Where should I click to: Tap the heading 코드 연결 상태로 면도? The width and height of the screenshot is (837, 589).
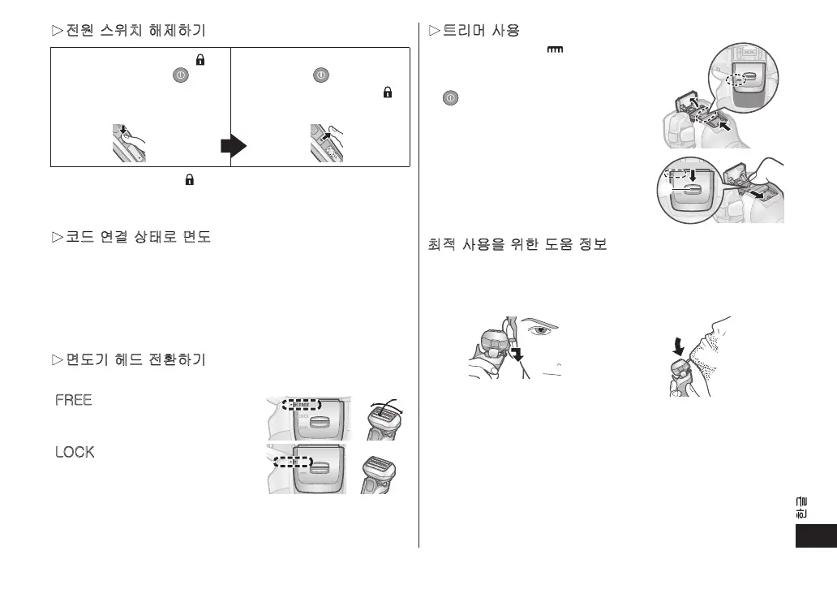(131, 239)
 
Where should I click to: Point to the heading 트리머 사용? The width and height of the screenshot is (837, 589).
(479, 31)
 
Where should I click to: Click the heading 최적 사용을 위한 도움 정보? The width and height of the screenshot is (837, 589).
(517, 244)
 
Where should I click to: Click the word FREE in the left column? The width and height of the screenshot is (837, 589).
(74, 400)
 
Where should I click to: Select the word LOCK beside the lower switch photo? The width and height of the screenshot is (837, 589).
(75, 451)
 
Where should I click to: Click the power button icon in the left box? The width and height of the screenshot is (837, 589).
(178, 73)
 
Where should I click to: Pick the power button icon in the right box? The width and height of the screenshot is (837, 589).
(320, 73)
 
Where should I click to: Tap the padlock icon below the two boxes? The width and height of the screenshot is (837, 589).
(177, 183)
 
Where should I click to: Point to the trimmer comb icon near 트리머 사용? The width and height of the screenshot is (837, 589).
(555, 51)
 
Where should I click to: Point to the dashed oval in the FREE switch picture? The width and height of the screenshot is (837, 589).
(301, 403)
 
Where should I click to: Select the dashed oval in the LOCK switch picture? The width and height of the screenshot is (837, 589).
(290, 462)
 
